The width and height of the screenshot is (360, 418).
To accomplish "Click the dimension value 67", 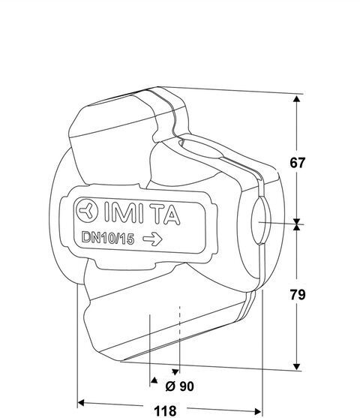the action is pos(297,163).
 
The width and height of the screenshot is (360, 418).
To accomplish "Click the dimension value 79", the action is pos(298,295).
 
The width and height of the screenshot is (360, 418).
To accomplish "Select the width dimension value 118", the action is pos(165,411).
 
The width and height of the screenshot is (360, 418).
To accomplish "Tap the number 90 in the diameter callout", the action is pos(186,386).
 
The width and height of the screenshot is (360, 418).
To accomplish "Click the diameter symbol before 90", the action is pos(170,386).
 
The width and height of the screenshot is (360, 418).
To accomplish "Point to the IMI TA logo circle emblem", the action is pos(87,211).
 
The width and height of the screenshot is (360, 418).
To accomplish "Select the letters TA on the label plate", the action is pos(167,215).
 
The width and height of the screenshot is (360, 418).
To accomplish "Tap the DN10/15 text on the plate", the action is pos(108,238).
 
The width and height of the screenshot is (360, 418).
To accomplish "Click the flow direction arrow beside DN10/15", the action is pos(152,239).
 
